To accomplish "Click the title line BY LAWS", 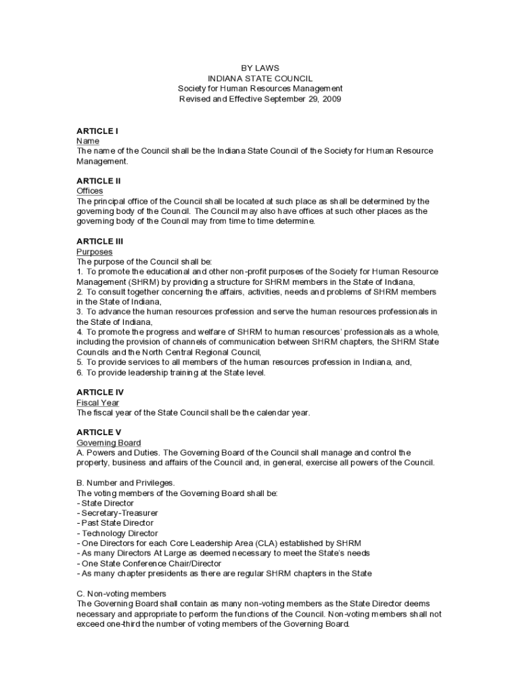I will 260,68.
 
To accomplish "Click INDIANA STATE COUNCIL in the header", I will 260,79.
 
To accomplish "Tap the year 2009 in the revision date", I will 332,99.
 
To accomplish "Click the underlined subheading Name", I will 88,141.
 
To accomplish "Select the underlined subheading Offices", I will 90,191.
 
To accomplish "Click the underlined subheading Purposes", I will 95,251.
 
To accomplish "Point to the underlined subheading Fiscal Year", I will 97,402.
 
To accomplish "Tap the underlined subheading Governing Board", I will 109,442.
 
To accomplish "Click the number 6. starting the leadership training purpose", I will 80,372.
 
